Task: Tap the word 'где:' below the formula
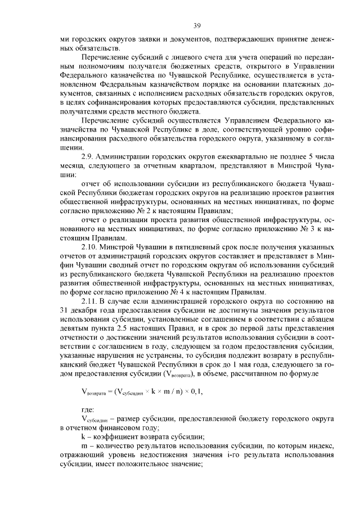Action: [x=88, y=410]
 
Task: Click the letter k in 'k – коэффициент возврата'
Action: [x=84, y=437]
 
